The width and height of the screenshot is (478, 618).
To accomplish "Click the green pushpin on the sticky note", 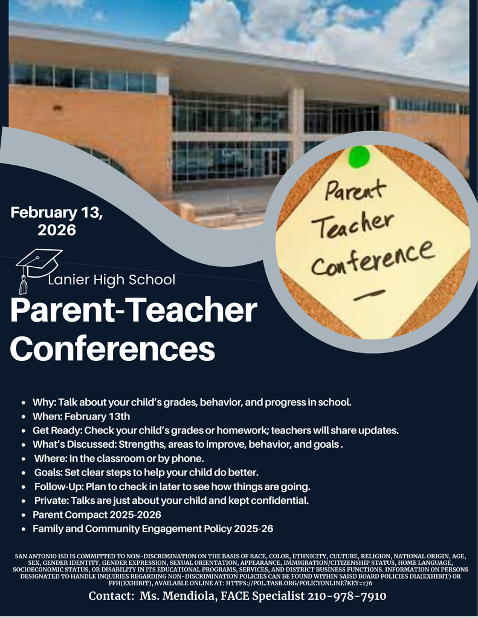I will pos(359,157).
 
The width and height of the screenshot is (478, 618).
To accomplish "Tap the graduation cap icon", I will pos(37,265).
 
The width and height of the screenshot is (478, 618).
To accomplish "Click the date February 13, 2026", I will pos(57,221).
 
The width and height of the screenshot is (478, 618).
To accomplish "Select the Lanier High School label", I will pos(111,280).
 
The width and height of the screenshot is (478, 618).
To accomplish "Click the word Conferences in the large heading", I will pos(112,348).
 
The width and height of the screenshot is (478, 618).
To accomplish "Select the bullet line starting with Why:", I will pos(192,402).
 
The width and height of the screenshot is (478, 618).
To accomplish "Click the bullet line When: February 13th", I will pos(81,416).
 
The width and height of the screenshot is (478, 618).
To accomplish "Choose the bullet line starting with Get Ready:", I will pos(215,430).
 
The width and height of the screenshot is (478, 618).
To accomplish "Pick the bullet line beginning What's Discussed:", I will pos(188,444).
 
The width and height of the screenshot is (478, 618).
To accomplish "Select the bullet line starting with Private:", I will pos(171,500).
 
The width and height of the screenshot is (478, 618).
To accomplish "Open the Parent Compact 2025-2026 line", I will pos(97,515).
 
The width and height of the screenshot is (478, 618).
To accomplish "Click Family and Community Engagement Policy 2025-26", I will pos(152,529).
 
